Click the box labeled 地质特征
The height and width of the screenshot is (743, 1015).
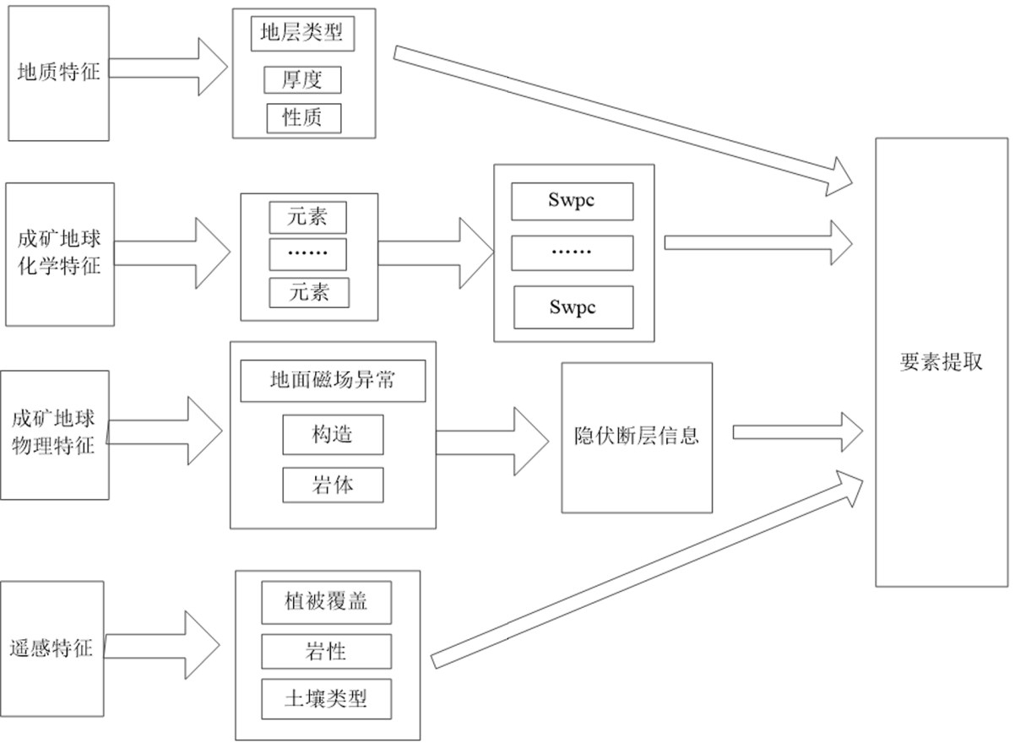point(58,73)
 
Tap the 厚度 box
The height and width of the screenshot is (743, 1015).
point(303,79)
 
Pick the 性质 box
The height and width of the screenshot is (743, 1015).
point(303,117)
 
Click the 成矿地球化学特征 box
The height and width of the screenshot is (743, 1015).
point(58,254)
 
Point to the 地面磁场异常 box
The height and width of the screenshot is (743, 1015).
point(332,381)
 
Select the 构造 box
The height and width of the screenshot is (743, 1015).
point(332,435)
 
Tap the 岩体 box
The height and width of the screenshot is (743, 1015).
point(332,485)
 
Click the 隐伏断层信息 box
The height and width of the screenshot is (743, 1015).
point(636,437)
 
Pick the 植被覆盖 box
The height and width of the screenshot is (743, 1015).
point(326,603)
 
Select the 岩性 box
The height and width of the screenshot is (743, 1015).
point(326,651)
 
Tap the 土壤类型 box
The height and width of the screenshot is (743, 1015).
point(326,698)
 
